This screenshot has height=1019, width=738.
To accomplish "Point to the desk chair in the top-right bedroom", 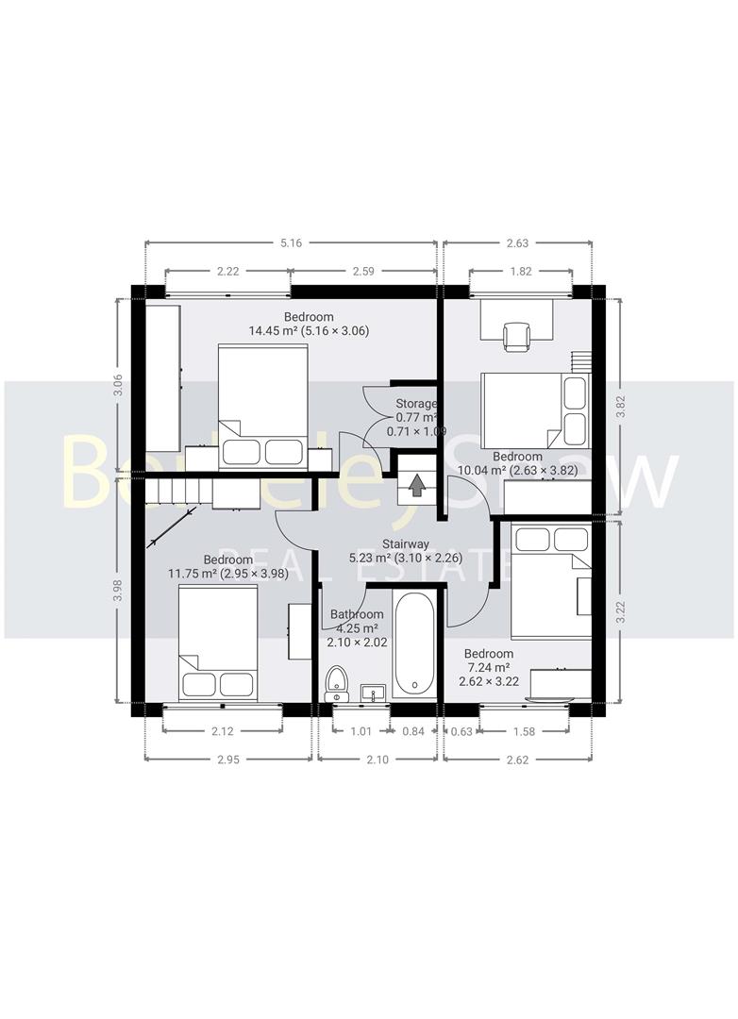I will coord(517,335).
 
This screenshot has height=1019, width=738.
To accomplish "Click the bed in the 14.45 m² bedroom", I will coord(263,406).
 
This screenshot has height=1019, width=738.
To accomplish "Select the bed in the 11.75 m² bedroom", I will coord(218,643).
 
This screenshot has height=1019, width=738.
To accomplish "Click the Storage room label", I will coord(416,404).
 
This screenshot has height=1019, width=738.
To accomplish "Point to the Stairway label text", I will coord(406,544).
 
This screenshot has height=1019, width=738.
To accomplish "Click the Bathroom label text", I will coord(357,614).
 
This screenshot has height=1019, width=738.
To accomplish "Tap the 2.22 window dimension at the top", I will coord(227,272).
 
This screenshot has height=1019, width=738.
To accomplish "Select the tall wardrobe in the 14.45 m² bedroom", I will coord(162,376).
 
